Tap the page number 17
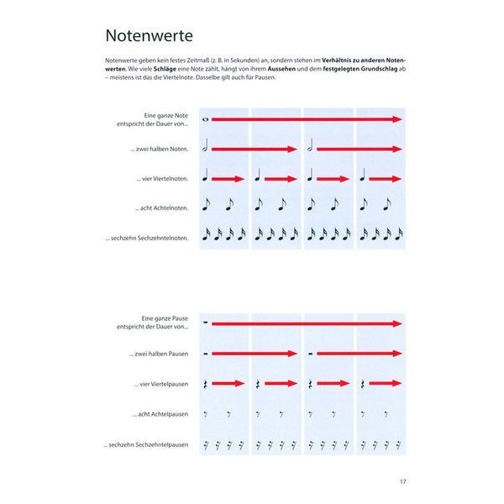pos(402,481)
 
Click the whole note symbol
pos(205,120)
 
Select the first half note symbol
pos(206,149)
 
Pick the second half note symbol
pos(311,149)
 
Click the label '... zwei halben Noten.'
pos(160,150)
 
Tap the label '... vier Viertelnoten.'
pos(162,179)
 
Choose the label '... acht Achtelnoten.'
pos(162,208)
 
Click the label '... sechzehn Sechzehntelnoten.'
pos(149,238)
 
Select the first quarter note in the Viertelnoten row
pos(206,177)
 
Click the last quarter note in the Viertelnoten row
pos(363,177)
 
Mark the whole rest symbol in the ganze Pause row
pos(206,323)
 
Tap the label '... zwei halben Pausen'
pos(160,354)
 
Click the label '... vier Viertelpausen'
pos(161,384)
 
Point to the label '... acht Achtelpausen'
pos(161,414)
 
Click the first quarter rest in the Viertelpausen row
pos(206,384)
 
